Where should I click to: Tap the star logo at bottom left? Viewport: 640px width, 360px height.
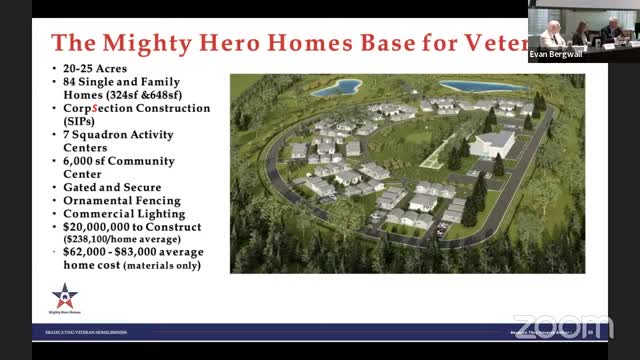tap(66, 296)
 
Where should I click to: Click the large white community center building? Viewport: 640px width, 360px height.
tap(491, 142)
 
